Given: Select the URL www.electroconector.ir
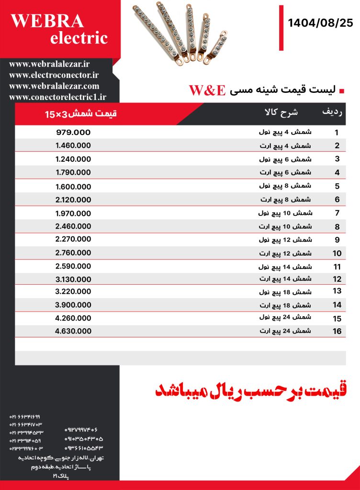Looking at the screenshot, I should tap(54, 75).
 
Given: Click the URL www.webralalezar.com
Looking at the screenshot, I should tap(54, 86).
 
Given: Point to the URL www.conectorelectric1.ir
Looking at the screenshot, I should tap(57, 97).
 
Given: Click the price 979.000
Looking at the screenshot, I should tap(73, 133).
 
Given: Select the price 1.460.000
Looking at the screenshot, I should tap(73, 145).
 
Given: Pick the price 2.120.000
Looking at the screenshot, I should tap(73, 200).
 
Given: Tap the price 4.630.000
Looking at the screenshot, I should tap(73, 331).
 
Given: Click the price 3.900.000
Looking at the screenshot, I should tap(73, 305).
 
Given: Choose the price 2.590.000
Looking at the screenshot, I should tap(73, 266).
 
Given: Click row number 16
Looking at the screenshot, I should tap(337, 331).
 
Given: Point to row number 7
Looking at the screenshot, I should tap(337, 213).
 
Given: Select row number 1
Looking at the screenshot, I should tap(337, 133).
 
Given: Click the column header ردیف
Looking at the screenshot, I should tap(332, 112).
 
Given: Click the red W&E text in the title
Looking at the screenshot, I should tap(207, 90).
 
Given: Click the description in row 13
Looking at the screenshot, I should tap(285, 291).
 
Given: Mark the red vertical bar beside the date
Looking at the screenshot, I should tap(281, 28).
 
